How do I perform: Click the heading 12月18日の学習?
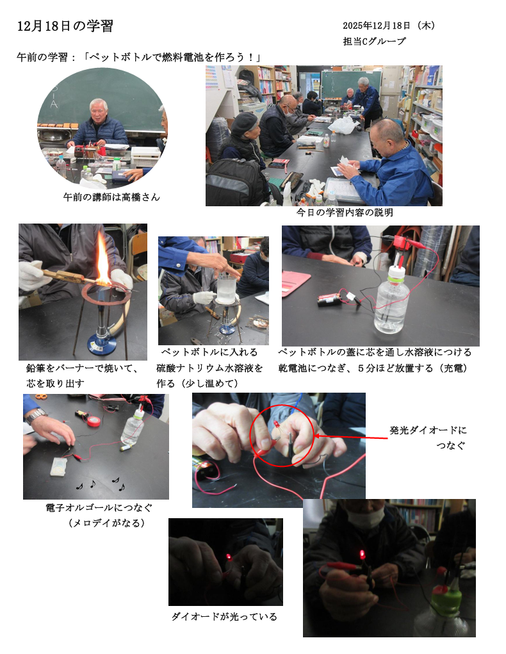[x=65, y=26]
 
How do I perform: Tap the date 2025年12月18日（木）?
[x=389, y=26]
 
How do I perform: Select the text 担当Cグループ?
[x=374, y=41]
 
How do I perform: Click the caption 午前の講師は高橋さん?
[x=111, y=197]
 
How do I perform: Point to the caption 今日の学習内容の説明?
[x=345, y=213]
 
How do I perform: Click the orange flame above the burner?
[x=102, y=259]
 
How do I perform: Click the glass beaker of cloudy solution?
[x=227, y=289]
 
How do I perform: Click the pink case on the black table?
[x=295, y=282]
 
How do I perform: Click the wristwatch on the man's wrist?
[x=37, y=415]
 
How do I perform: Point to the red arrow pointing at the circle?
[x=350, y=437]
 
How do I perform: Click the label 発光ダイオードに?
[x=428, y=430]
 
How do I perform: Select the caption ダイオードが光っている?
[x=224, y=616]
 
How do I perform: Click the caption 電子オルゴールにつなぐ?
[x=99, y=507]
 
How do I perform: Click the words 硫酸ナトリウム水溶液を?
[x=209, y=368]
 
